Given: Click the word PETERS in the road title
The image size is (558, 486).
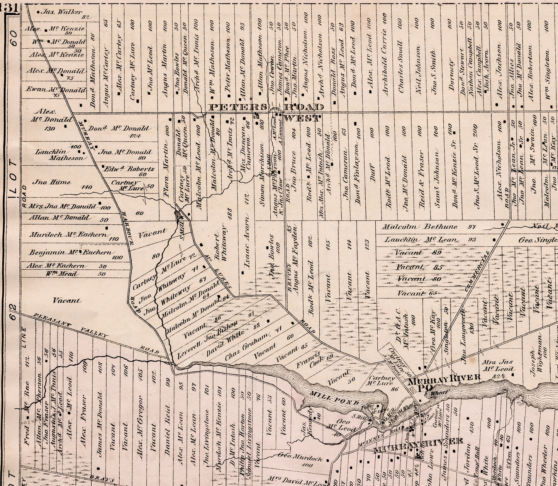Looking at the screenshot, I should point(237,107).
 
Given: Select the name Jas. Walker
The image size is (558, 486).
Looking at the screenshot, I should point(59,12).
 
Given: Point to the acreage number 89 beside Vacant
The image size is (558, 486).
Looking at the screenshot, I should point(437,253).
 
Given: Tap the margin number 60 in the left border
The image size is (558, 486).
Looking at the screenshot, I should point(14,39).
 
